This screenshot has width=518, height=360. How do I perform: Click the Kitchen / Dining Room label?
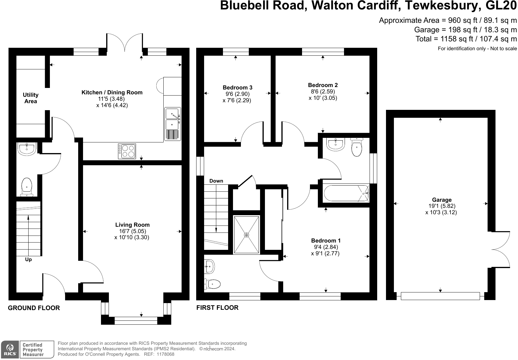pyautogui.click(x=112, y=93)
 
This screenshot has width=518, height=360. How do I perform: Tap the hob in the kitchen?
pyautogui.click(x=127, y=151)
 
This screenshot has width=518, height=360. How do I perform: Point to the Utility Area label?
pyautogui.click(x=31, y=98)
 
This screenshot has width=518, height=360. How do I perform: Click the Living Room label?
pyautogui.click(x=132, y=225)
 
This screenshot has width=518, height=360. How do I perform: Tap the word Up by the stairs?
pyautogui.click(x=28, y=260)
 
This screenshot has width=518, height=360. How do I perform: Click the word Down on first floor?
pyautogui.click(x=216, y=181)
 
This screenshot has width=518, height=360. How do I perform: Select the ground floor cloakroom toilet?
pyautogui.click(x=27, y=186)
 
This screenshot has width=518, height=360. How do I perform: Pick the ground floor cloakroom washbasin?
pyautogui.click(x=27, y=149)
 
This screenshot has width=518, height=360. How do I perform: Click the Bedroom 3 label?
pyautogui.click(x=237, y=88)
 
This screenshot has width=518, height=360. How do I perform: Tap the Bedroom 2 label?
pyautogui.click(x=323, y=85)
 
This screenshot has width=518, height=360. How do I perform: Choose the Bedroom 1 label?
pyautogui.click(x=326, y=241)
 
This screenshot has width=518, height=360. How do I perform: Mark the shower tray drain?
pyautogui.click(x=246, y=235)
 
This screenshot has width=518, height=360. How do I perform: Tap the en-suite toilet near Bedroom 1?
pyautogui.click(x=213, y=284)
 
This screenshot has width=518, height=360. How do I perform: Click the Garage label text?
pyautogui.click(x=442, y=200)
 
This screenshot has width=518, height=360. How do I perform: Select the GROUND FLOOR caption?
pyautogui.click(x=34, y=308)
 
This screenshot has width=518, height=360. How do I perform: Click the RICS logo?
pyautogui.click(x=10, y=349)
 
